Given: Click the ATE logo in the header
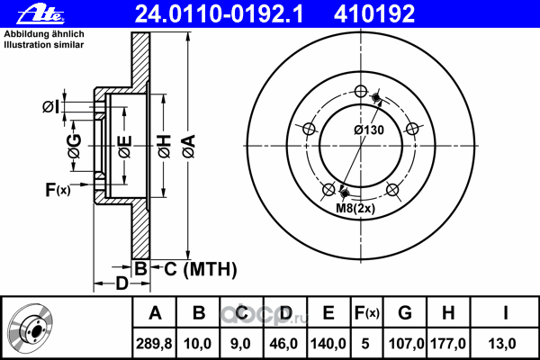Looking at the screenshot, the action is point(40,14).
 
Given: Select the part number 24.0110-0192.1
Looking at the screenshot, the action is point(219,14).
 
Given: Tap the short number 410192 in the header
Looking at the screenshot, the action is point(374,14).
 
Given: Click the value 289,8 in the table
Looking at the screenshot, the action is point(154,344).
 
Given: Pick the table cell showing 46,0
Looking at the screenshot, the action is point(283,344).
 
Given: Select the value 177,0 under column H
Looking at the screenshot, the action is point(448,344).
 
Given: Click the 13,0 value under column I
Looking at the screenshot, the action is point(502,344).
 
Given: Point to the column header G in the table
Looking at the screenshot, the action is point(405,313).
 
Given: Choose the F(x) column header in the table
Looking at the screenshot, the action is point(367,313).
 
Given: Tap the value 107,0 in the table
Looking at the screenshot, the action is point(406,344).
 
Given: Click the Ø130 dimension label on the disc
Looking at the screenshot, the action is point(369,130).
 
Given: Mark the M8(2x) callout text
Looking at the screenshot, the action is point(355,208).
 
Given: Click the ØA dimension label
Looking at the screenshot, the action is point(189,147).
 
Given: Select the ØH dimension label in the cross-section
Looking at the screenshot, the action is point(165,147).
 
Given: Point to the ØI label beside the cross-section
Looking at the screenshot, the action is point(51,107).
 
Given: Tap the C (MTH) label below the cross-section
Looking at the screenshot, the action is point(201,269).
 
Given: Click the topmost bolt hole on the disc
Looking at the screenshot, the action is point(360,92).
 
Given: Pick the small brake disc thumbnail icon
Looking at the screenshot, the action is point(31,329).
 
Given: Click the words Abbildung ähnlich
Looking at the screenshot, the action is point(44,34).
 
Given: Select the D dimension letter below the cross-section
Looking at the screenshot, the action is point(121,283).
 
